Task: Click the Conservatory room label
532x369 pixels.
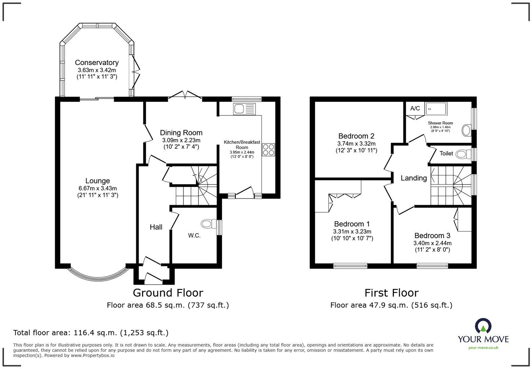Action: (97, 62)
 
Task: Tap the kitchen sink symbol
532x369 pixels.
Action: (244, 109)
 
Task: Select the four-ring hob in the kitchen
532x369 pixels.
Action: (268, 150)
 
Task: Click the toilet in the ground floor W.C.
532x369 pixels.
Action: (209, 224)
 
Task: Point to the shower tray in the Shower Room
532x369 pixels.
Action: (436, 109)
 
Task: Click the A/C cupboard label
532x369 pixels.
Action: (415, 108)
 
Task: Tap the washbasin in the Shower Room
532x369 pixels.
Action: (467, 130)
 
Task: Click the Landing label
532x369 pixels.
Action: (414, 178)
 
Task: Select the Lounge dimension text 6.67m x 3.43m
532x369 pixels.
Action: (98, 188)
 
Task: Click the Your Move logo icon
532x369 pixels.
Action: (483, 326)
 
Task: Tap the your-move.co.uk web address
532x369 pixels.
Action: (483, 348)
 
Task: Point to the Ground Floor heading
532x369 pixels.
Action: (168, 293)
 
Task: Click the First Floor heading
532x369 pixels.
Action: (392, 293)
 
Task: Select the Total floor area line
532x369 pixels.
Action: (91, 333)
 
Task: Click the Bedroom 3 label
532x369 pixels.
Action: (432, 236)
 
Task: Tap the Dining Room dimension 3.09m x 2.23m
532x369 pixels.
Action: (181, 140)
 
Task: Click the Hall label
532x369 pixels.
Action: (156, 227)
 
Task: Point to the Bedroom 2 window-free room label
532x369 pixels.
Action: (356, 136)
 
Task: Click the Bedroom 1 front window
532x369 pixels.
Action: (350, 266)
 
